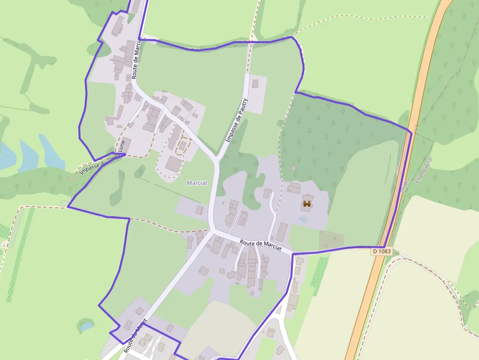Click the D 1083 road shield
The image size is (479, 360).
(382, 251)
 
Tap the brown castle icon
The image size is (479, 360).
(307, 204)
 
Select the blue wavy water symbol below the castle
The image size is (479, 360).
(303, 219)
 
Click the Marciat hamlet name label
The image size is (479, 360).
(197, 183)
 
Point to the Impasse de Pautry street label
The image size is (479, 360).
(237, 120)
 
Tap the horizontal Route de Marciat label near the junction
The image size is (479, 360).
(261, 245)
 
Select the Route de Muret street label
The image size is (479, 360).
(135, 336)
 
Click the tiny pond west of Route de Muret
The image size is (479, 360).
(87, 325)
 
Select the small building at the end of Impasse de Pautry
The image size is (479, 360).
(255, 84)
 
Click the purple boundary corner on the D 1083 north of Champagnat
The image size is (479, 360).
(411, 132)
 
